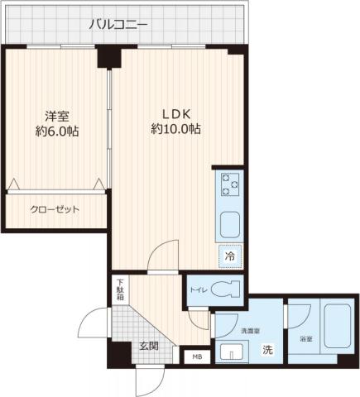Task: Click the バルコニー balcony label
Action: (119, 25)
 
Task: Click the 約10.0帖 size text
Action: (176, 130)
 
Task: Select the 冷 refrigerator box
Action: (229, 256)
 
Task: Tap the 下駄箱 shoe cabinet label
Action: (120, 290)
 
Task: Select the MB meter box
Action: (196, 357)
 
